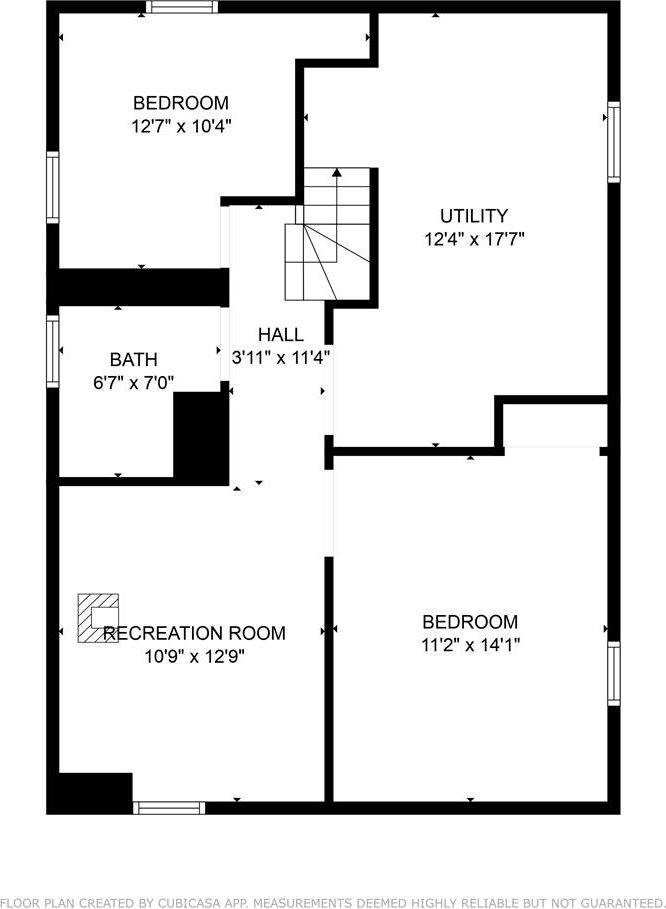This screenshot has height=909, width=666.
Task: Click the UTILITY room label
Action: pos(474,216)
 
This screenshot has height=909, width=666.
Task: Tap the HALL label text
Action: pos(281,335)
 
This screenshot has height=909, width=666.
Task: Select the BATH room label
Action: pos(133,359)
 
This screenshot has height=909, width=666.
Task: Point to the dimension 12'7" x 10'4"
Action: pos(181,127)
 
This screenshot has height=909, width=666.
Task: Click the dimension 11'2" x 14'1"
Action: pos(470,645)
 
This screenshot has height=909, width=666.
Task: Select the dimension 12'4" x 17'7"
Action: pos(474,239)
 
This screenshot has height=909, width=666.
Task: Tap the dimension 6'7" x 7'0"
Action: pos(133,381)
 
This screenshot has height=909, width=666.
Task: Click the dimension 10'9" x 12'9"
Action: pos(194,657)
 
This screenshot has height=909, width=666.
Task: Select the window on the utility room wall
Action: pos(614,141)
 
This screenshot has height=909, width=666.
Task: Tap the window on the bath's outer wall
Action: pos(53,351)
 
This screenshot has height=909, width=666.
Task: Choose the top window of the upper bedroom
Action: pos(181,8)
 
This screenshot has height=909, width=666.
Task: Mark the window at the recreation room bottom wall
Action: pos(169,807)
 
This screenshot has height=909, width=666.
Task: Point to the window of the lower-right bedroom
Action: pos(614,673)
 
